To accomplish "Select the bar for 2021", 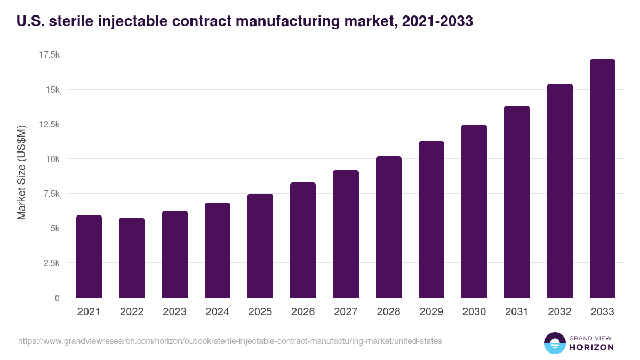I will (89, 257).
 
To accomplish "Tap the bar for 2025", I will (260, 246).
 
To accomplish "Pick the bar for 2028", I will (389, 227).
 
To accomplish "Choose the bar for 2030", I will (474, 211).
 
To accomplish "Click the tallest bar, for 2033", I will (603, 179).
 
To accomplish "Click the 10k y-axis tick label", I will (52, 159).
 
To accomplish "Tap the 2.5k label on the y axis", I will (51, 263).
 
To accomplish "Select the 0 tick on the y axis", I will (57, 298).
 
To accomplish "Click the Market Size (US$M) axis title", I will (21, 172).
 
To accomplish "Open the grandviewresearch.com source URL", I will (230, 341).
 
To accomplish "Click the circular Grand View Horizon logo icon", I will (555, 343).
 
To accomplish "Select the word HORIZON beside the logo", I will (591, 347).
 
